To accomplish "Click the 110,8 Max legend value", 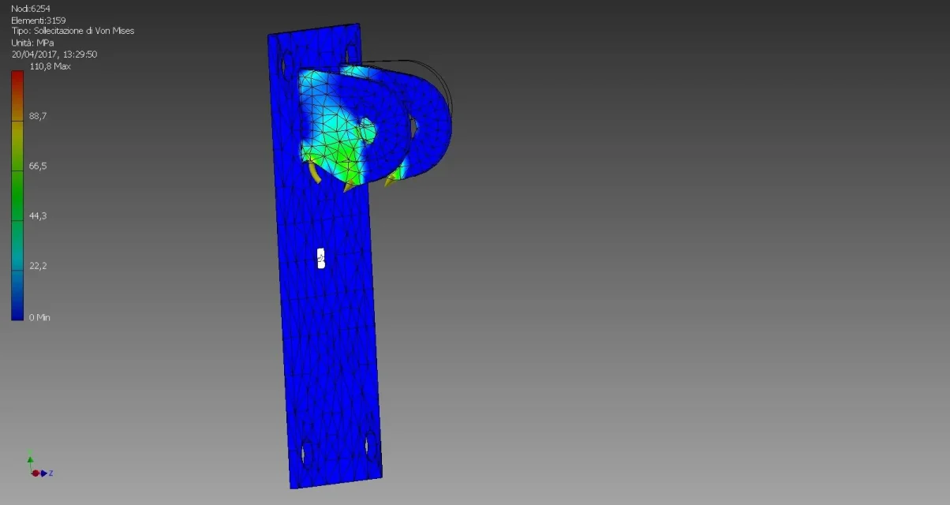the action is pyautogui.click(x=50, y=66).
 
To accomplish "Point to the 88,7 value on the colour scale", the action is pyautogui.click(x=38, y=116).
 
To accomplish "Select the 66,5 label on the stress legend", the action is pyautogui.click(x=38, y=166).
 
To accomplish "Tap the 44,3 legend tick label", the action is pyautogui.click(x=38, y=216).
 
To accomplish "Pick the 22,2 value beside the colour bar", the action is pyautogui.click(x=38, y=266).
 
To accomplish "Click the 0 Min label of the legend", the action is pyautogui.click(x=39, y=317).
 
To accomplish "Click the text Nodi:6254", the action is pyautogui.click(x=31, y=9).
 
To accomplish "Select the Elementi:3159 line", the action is pyautogui.click(x=38, y=20).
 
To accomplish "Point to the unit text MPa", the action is pyautogui.click(x=45, y=43).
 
